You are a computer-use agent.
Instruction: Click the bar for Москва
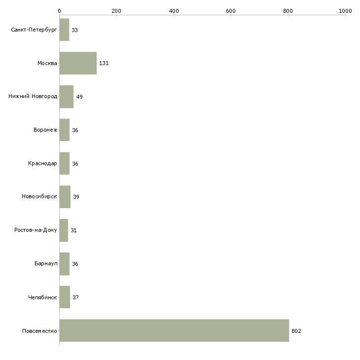point(78,63)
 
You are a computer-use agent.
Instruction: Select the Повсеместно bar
point(174,330)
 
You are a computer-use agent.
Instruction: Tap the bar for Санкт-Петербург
point(64,30)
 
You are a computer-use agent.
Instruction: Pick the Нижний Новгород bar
point(67,97)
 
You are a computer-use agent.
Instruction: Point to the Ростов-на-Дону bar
point(64,230)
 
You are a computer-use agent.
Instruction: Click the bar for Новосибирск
point(65,197)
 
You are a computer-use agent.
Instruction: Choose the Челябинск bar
point(65,297)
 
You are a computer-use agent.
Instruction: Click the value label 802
point(296,331)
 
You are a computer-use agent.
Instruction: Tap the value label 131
point(104,63)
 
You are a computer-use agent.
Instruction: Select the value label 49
point(79,97)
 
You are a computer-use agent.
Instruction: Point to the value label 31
point(73,230)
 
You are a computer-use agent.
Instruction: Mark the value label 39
point(76,197)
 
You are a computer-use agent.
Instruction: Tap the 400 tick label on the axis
point(174,11)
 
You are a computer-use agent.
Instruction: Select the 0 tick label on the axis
point(60,11)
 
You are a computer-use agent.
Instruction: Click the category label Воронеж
point(45,130)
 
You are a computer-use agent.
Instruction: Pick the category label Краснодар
point(42,163)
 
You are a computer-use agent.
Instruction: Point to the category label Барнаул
point(46,263)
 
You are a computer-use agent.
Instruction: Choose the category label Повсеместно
point(39,331)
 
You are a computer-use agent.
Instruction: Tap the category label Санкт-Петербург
point(34,30)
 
